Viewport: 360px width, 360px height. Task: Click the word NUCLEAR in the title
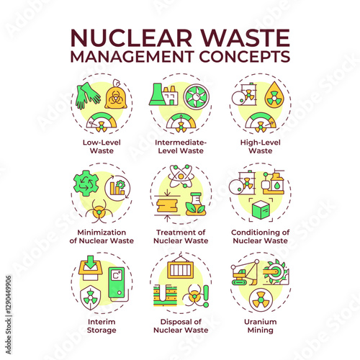click(131, 37)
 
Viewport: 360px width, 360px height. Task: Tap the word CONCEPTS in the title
click(245, 56)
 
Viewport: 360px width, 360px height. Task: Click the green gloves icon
click(88, 96)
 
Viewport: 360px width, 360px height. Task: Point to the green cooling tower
click(156, 94)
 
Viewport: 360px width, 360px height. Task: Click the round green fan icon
click(197, 96)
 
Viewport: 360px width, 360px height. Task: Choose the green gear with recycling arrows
click(86, 184)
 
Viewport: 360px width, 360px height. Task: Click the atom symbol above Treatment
click(180, 176)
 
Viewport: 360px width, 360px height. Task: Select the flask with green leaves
click(195, 204)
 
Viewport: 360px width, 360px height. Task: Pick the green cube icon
click(261, 210)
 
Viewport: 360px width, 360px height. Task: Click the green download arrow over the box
click(91, 263)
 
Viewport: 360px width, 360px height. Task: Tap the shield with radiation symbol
click(90, 297)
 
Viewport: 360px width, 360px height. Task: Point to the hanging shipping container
click(180, 267)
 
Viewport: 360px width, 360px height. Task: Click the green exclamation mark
click(206, 296)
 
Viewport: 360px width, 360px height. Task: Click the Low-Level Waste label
click(102, 146)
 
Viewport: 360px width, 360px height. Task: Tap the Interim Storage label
click(102, 325)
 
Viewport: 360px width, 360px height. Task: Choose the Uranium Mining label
click(261, 325)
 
